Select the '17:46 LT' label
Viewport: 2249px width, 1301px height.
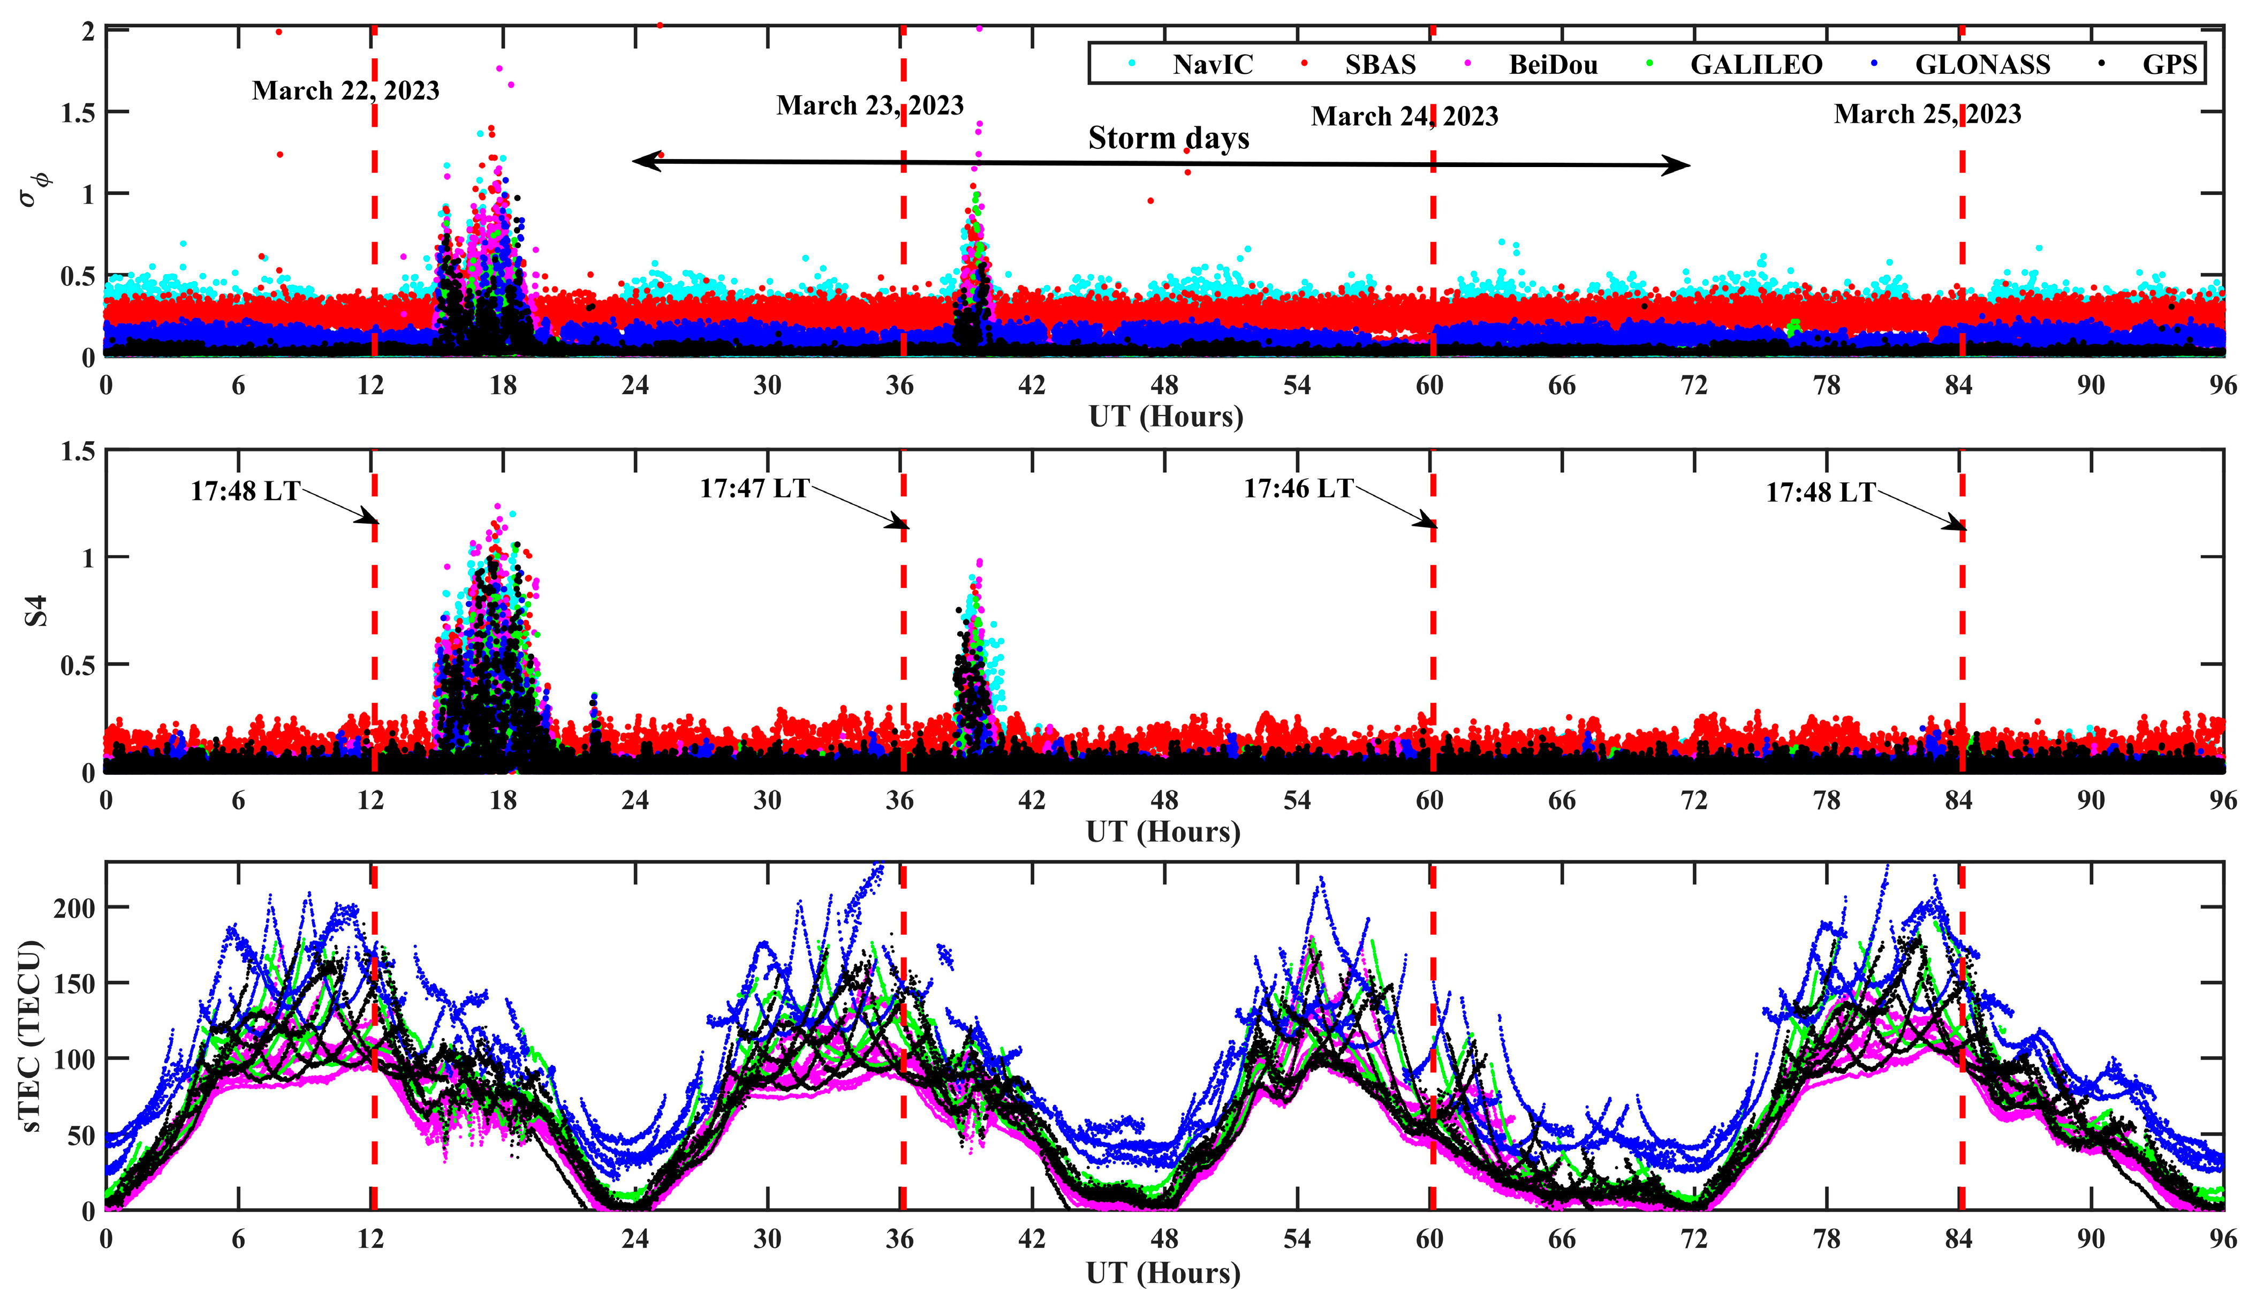click(x=1299, y=488)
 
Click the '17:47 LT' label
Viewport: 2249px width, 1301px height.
click(x=754, y=488)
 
